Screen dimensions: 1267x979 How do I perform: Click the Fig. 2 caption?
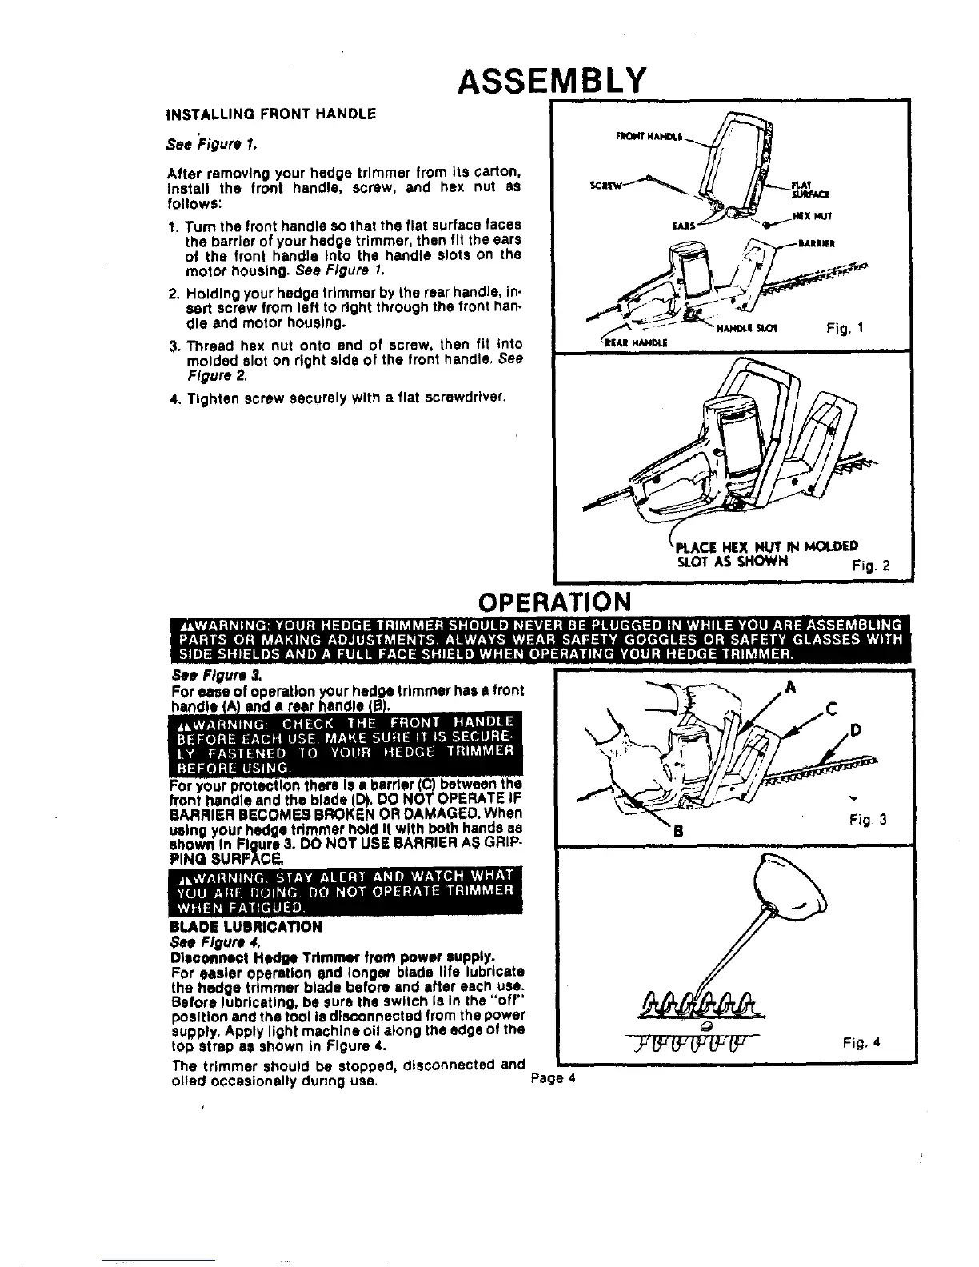[872, 567]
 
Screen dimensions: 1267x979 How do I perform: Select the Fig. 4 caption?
[861, 1043]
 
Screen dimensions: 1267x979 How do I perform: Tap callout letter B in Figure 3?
[678, 831]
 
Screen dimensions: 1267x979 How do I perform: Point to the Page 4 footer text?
[553, 1077]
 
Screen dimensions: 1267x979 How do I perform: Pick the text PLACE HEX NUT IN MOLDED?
[767, 547]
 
